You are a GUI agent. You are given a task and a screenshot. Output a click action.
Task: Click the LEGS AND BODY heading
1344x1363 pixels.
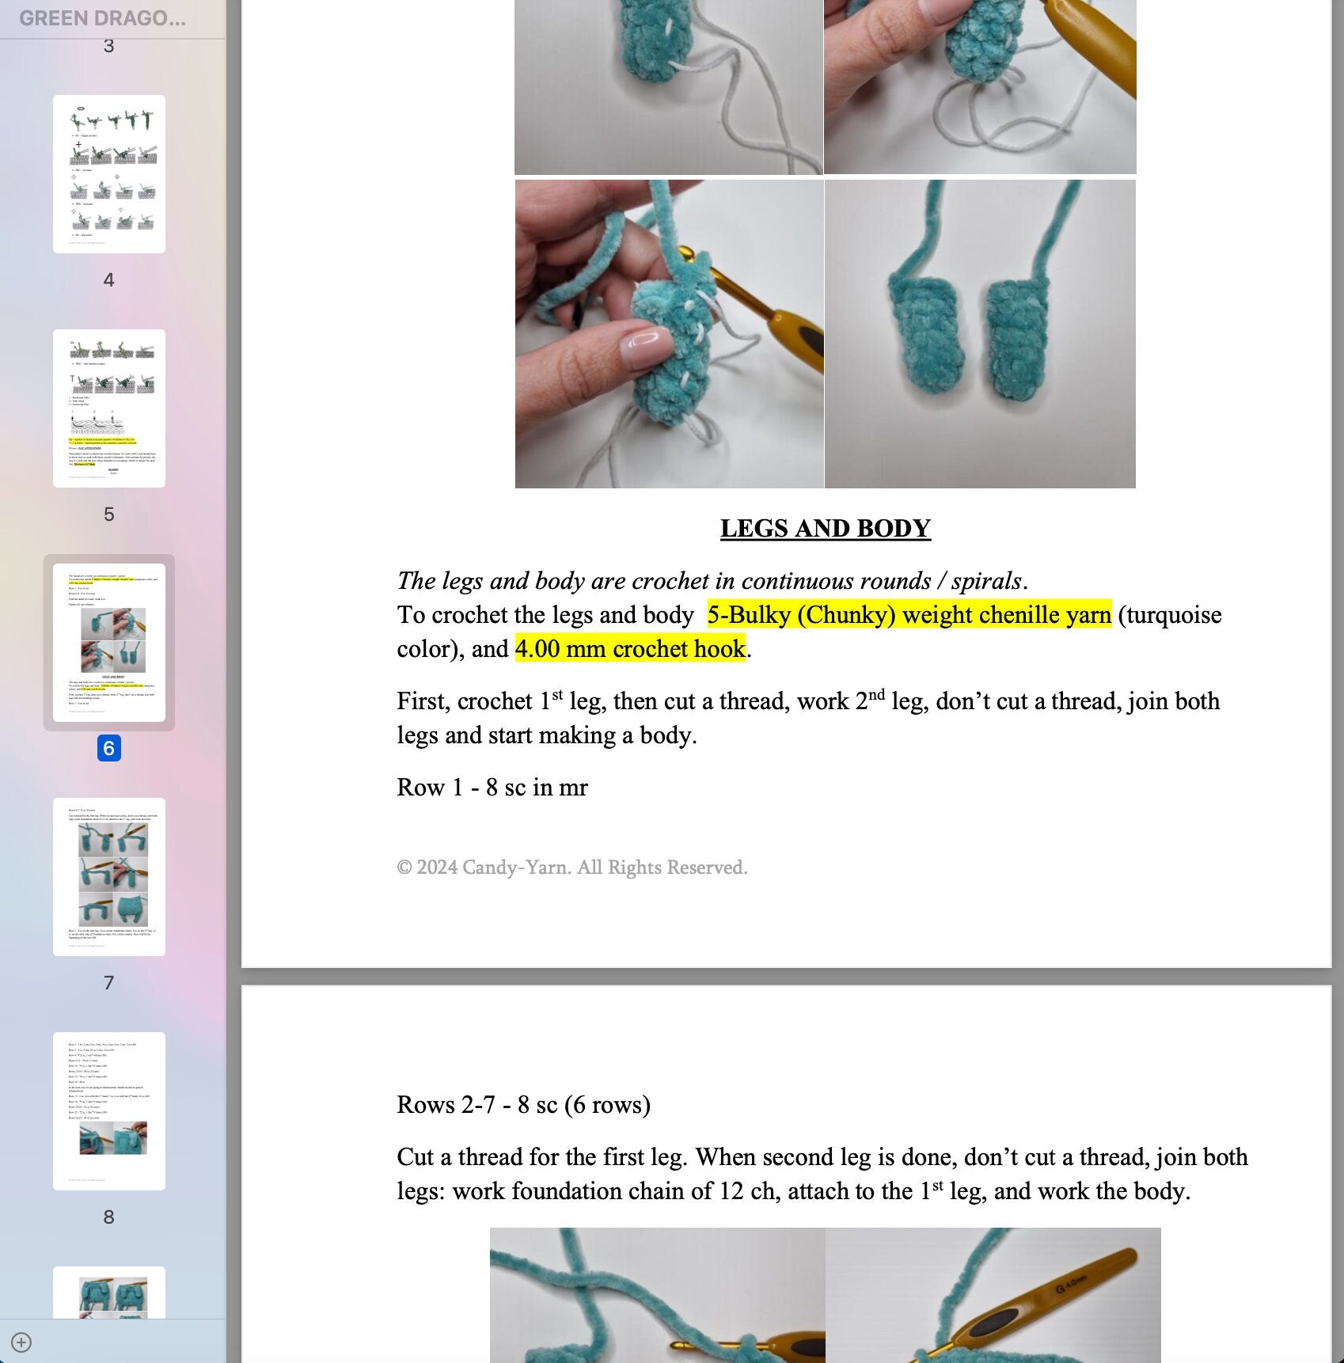825,529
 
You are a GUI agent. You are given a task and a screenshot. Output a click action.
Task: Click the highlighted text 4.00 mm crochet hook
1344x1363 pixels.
630,649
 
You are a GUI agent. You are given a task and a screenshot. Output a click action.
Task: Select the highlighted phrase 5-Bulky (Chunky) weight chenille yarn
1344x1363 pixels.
909,615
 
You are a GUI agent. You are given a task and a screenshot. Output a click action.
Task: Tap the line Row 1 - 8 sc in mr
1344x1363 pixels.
492,788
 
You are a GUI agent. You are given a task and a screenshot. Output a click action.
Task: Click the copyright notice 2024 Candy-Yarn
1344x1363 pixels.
571,868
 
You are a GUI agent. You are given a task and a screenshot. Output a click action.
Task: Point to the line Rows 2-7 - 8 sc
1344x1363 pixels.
523,1105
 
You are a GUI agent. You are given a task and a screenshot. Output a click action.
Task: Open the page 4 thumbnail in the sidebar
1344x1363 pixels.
109,174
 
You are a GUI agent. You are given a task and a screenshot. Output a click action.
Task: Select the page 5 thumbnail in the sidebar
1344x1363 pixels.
109,408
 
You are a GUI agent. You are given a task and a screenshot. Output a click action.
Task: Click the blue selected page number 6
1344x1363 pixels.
109,748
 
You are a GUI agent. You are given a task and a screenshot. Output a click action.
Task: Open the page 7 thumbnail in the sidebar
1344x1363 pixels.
109,877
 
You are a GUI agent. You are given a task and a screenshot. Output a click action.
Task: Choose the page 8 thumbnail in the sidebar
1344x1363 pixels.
109,1111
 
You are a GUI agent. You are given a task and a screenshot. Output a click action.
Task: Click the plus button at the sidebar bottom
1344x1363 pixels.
21,1342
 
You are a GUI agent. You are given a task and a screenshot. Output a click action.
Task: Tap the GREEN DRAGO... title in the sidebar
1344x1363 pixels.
102,18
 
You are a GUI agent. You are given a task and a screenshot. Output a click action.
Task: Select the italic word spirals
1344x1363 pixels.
986,581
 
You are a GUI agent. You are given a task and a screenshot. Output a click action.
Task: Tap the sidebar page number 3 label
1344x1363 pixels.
109,46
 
